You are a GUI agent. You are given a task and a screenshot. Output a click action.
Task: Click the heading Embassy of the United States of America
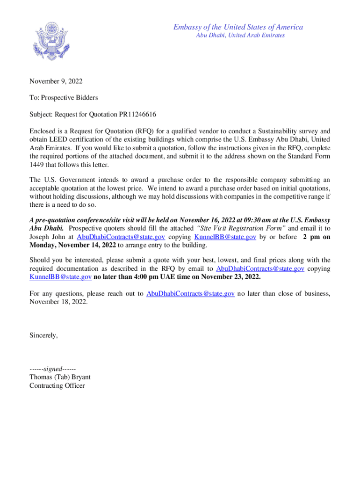coord(238,27)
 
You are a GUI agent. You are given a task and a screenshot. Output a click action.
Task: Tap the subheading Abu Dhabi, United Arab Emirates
coord(240,36)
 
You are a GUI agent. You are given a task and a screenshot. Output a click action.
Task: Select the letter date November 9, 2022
coord(56,81)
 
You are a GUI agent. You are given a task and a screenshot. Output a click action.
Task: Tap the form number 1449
coord(37,165)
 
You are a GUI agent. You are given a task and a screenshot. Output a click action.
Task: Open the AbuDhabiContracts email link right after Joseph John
coord(121,237)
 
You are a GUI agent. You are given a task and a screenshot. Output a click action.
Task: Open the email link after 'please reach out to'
coord(190,293)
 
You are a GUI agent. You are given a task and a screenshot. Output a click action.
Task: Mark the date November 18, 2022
coord(58,302)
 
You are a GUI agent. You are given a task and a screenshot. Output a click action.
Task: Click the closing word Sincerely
coord(44,335)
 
